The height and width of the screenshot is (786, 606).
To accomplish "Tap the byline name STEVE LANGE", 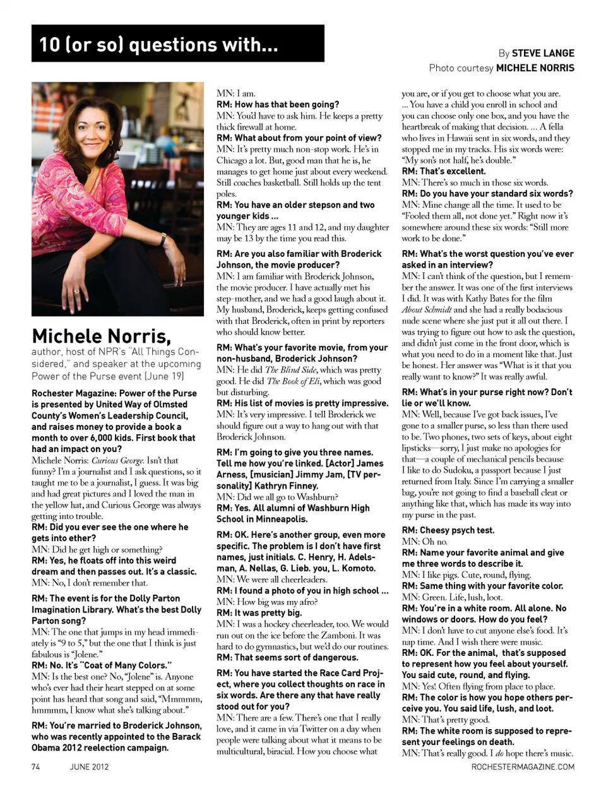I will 543,53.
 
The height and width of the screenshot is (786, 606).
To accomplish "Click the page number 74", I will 36,766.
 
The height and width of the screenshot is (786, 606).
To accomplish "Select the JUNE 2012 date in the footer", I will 89,766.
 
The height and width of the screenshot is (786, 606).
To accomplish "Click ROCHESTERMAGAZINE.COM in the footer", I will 523,766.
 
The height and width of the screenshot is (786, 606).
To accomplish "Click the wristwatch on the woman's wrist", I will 163,239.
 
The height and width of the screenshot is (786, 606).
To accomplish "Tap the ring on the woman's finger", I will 76,291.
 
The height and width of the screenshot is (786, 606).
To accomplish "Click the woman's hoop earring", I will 110,143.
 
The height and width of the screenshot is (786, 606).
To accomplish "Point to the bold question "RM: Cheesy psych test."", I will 448,530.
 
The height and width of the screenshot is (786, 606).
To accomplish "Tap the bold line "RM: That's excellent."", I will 444,171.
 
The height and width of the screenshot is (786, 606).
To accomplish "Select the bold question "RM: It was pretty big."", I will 259,612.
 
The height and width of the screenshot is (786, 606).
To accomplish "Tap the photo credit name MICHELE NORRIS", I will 535,68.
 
